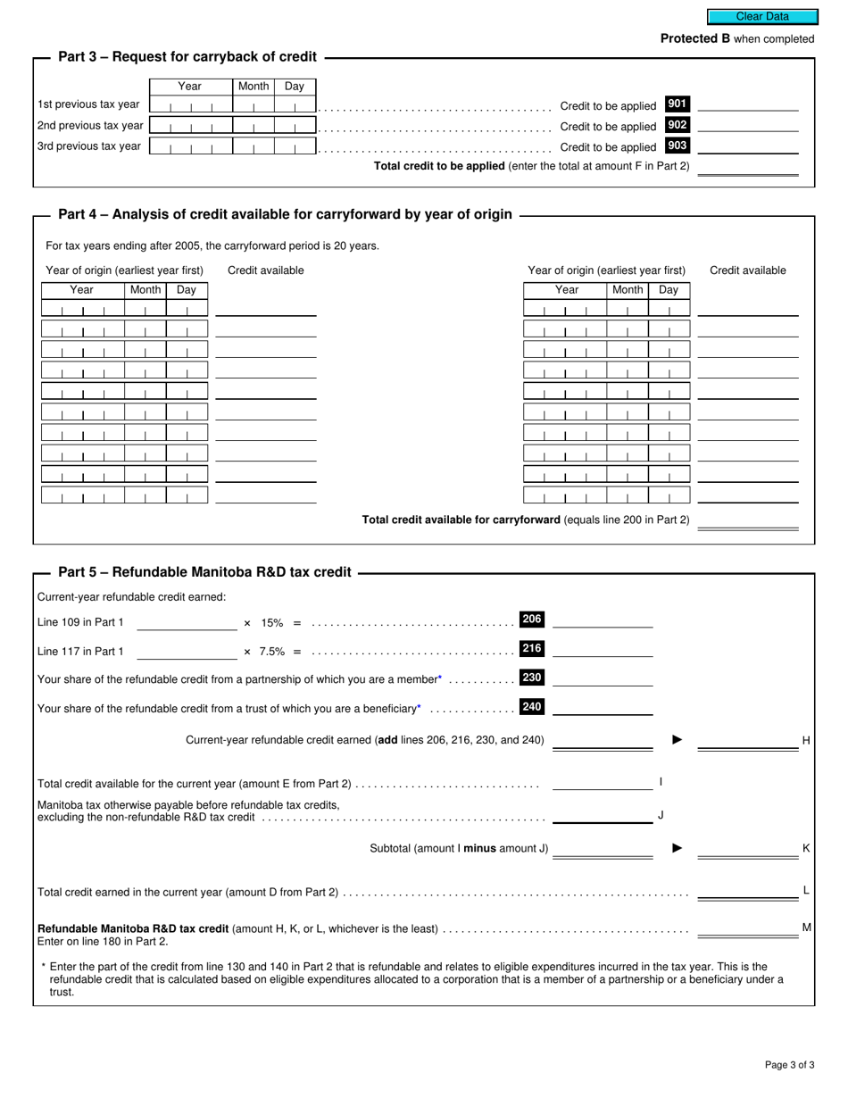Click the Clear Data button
[762, 16]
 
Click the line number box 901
[678, 104]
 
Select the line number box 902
[678, 125]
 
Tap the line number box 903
[678, 146]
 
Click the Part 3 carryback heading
[187, 57]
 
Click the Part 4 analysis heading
[285, 214]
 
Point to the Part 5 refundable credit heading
[204, 572]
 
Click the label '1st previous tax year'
[88, 105]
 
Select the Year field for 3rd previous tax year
[189, 146]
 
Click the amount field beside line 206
[603, 621]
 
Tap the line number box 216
[532, 649]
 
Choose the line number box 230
[532, 678]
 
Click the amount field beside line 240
[603, 708]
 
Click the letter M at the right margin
[806, 927]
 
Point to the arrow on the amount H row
[677, 740]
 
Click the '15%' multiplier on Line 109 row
[271, 623]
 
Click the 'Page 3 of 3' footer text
[789, 1064]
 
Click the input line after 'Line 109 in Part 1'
[187, 623]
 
